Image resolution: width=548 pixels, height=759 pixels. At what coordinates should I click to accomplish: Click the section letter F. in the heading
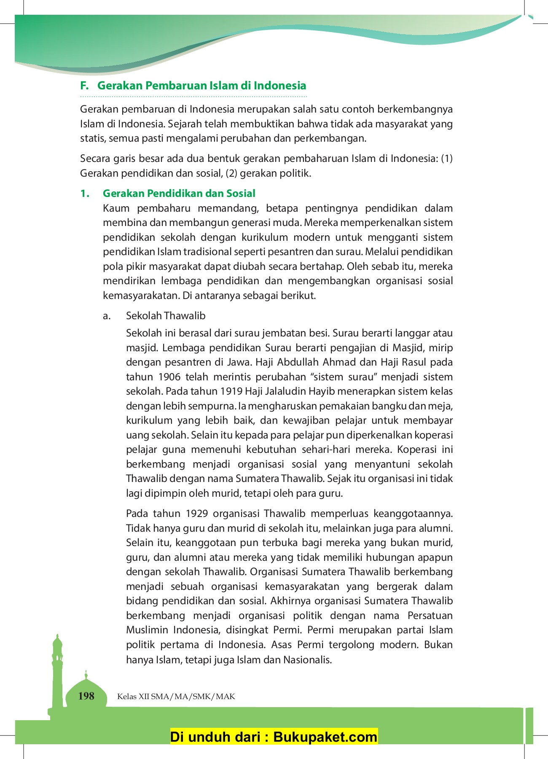(x=84, y=86)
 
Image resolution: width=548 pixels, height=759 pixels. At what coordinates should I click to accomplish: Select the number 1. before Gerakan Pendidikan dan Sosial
(x=85, y=194)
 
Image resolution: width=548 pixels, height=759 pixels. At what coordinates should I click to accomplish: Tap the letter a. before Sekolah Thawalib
(x=107, y=316)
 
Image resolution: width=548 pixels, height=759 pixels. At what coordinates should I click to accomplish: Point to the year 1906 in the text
(x=169, y=377)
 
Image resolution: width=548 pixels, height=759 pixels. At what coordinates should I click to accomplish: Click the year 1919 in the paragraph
(x=231, y=391)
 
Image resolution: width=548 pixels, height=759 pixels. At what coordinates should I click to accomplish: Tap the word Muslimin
(x=146, y=630)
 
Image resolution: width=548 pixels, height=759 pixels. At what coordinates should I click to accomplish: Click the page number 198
(x=86, y=696)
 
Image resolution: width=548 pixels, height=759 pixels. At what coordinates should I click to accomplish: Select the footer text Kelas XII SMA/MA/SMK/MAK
(x=176, y=697)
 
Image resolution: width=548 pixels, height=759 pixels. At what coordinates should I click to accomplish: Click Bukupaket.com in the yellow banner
(x=325, y=737)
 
